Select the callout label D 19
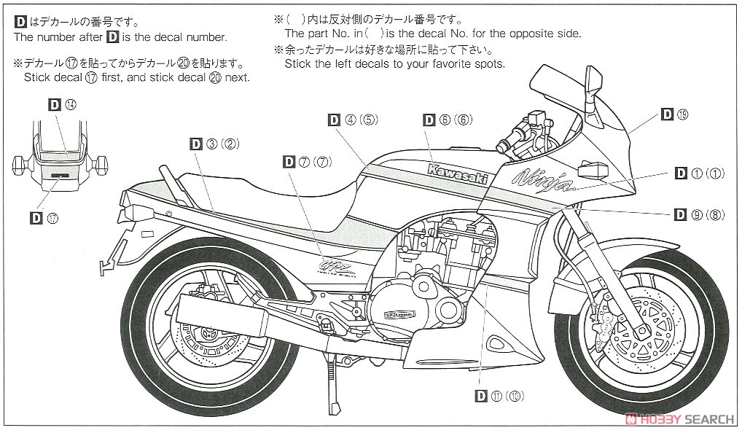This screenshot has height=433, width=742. pos(674,114)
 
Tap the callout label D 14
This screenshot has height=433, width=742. pos(62,104)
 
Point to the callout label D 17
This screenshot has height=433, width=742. pos(45,216)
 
